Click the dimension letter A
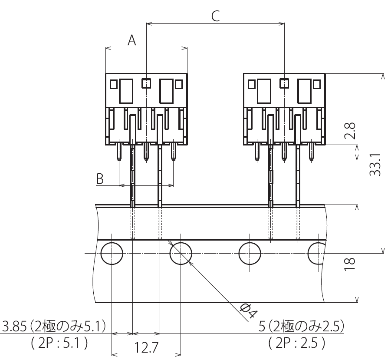click(132, 40)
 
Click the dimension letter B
click(100, 179)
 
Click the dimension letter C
click(215, 16)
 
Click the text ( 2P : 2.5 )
click(297, 343)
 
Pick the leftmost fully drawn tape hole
click(112, 254)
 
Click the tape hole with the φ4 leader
click(181, 254)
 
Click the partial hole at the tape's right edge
click(316, 254)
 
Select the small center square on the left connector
click(147, 83)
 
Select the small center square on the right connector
click(284, 83)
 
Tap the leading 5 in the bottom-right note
click(262, 326)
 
